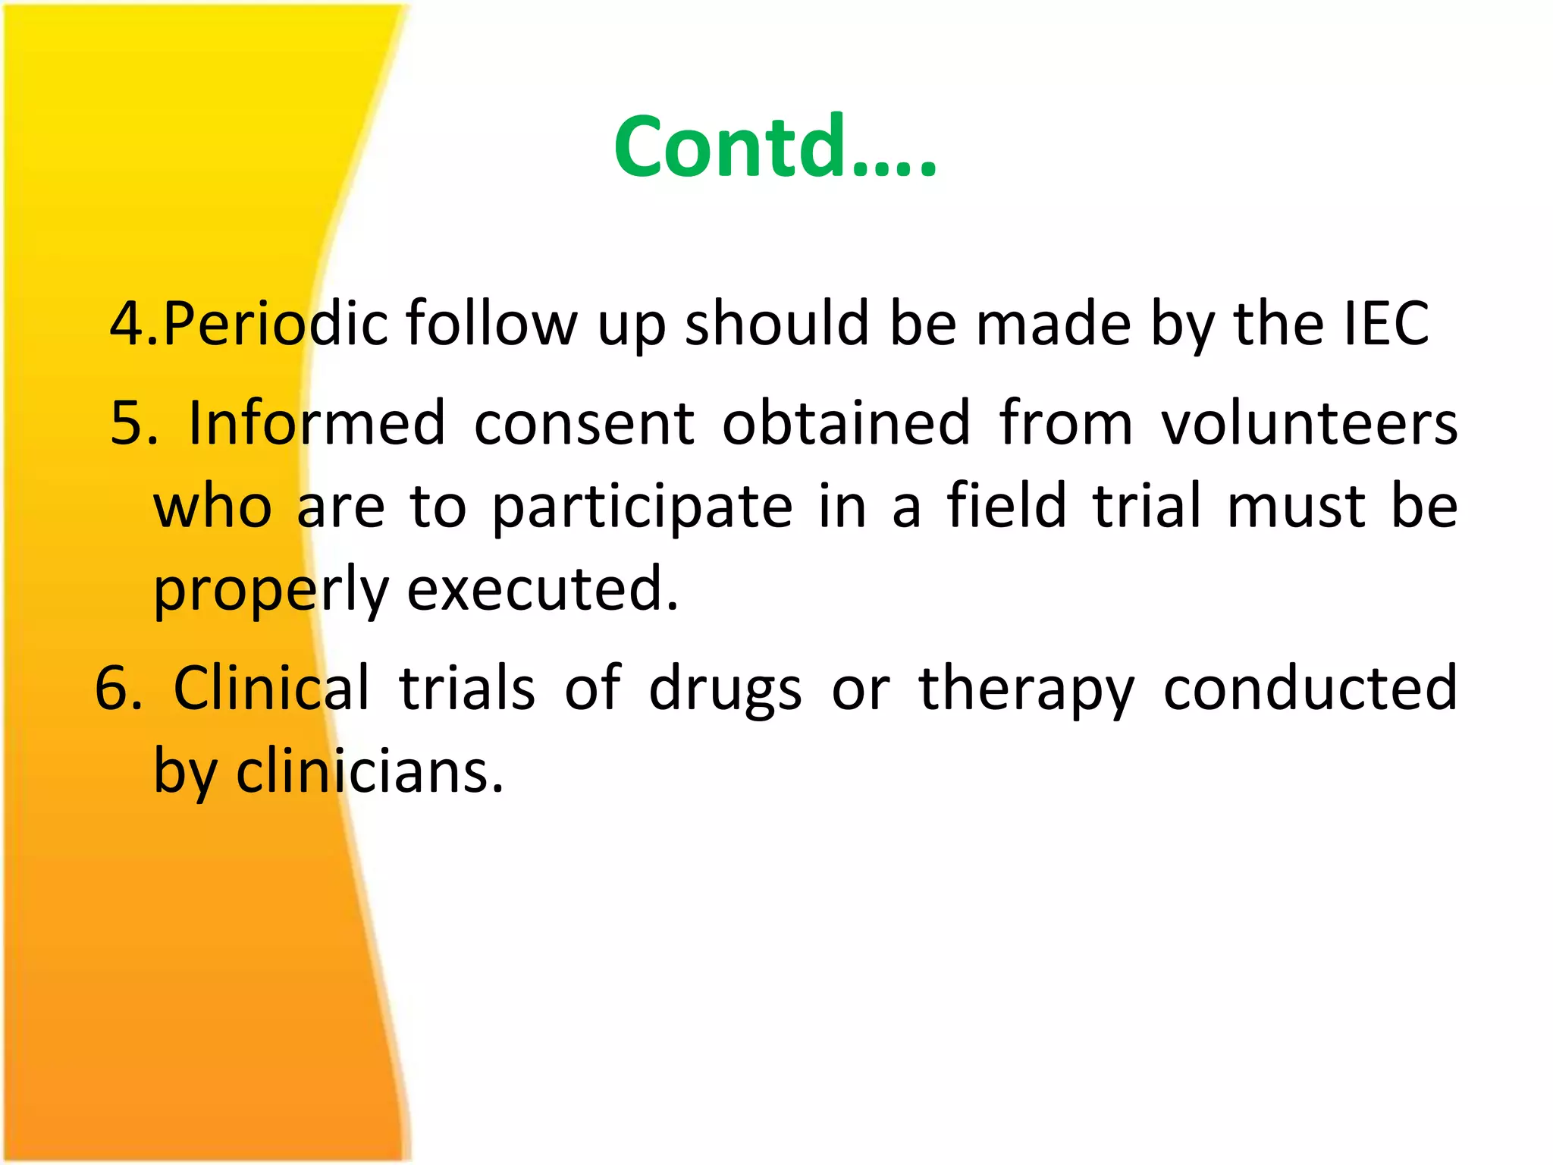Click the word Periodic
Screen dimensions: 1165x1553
coord(276,324)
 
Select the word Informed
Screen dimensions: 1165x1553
coord(317,422)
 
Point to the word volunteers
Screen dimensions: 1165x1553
coord(1310,422)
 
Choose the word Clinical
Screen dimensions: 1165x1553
coord(271,688)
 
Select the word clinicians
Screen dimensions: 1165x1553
coord(369,772)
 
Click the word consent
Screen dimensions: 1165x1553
coord(584,422)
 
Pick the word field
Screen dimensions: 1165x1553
coord(1007,506)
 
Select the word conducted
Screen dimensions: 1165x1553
coord(1310,688)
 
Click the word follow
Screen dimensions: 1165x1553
coord(491,324)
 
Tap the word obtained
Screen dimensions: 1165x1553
coord(846,422)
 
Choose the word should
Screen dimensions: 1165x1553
coord(776,324)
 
